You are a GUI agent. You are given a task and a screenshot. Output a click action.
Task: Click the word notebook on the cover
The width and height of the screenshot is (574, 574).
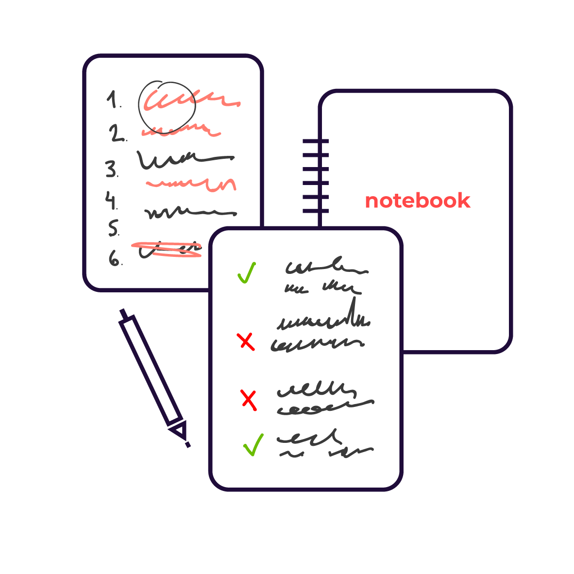(x=418, y=201)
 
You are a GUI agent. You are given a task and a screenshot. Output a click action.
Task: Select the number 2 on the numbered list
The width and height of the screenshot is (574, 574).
(x=117, y=134)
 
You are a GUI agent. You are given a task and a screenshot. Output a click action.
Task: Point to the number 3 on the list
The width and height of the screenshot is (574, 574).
(x=112, y=169)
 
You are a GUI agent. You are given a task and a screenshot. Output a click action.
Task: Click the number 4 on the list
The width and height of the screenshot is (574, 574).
(x=111, y=201)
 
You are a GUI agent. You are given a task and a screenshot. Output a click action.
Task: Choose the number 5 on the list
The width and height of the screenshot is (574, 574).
(x=114, y=228)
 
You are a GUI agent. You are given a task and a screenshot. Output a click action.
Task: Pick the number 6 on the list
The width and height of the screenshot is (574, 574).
(x=115, y=258)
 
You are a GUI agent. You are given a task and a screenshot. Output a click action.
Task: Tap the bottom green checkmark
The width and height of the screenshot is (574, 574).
(x=253, y=445)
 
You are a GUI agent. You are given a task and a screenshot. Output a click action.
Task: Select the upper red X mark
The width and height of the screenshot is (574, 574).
(x=246, y=342)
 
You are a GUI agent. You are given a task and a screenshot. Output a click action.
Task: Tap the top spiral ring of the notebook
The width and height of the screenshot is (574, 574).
(x=315, y=141)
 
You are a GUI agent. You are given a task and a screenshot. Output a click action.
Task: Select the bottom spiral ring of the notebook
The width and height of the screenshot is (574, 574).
(x=315, y=211)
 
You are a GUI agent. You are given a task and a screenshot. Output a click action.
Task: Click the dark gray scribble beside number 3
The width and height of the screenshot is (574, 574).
(x=185, y=159)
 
